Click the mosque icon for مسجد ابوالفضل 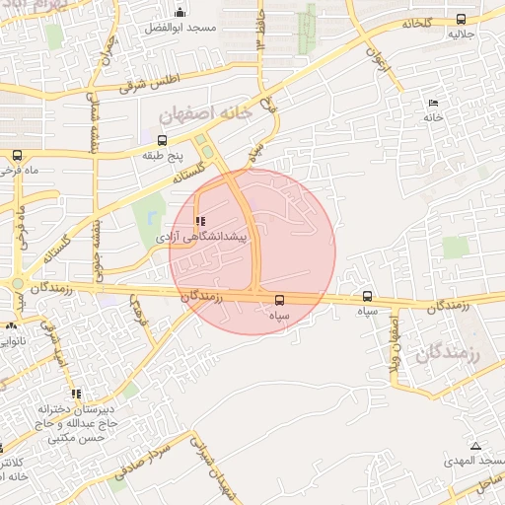[x=180, y=12]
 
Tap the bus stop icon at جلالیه [x=462, y=18]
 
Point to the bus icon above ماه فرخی [x=17, y=155]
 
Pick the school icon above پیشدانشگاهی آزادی [x=201, y=222]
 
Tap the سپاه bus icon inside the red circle [x=279, y=299]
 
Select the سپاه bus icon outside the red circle [x=368, y=295]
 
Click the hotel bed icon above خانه [x=433, y=103]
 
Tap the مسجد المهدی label [x=473, y=461]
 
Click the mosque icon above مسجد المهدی [x=477, y=446]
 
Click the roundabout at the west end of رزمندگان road [x=17, y=284]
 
